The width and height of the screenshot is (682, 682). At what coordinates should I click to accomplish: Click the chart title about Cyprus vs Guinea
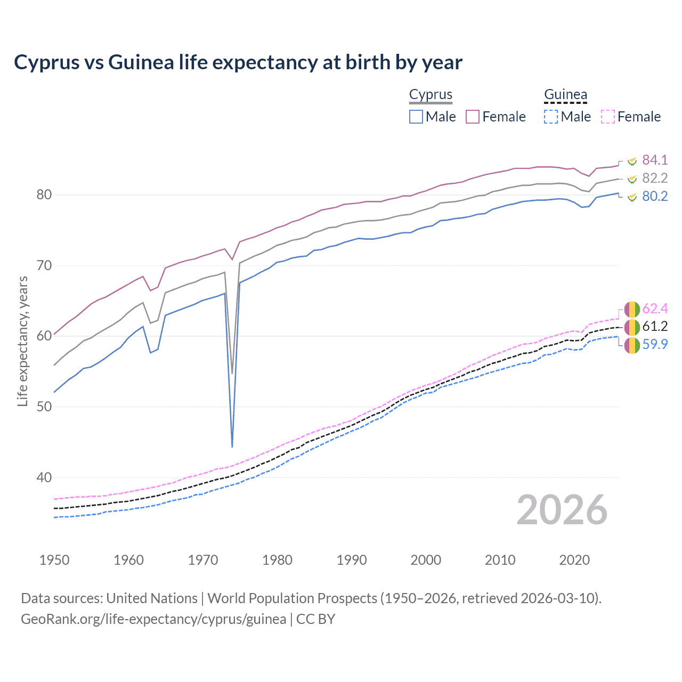click(x=238, y=62)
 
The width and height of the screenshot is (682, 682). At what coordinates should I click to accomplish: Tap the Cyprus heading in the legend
click(x=431, y=94)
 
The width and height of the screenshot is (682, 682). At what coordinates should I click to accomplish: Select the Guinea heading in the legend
click(x=565, y=94)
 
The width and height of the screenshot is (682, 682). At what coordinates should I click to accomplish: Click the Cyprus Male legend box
click(x=416, y=117)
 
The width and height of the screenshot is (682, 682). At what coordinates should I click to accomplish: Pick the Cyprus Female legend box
click(x=473, y=117)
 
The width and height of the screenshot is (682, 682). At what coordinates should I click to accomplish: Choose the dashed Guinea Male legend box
click(x=551, y=117)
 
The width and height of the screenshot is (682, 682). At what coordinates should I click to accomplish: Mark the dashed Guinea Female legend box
click(x=608, y=117)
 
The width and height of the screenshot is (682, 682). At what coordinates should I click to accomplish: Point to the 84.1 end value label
click(x=655, y=160)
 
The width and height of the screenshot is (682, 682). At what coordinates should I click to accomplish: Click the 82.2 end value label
click(x=655, y=178)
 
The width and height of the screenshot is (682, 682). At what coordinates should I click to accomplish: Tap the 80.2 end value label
click(x=655, y=196)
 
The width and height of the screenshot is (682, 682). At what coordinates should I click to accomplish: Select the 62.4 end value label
click(x=655, y=308)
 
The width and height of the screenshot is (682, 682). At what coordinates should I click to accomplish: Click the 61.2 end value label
click(x=655, y=326)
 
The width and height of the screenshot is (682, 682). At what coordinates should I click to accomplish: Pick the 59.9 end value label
click(x=655, y=344)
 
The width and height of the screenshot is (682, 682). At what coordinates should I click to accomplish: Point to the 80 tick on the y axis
click(x=44, y=194)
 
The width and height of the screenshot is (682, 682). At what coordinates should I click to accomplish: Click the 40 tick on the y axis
click(x=44, y=477)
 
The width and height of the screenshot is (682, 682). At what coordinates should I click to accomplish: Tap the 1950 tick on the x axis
click(x=54, y=560)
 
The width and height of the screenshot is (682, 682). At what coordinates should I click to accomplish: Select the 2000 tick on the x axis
click(x=426, y=560)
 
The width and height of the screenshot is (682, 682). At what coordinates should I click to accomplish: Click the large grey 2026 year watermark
click(x=562, y=510)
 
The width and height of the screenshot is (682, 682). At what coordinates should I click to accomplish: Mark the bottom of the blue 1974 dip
click(x=232, y=446)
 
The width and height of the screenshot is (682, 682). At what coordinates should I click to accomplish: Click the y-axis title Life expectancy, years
click(x=22, y=341)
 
